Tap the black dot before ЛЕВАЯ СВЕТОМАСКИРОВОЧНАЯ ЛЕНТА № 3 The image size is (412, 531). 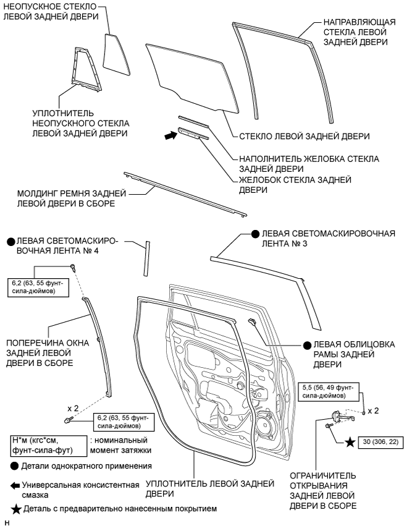(254, 234)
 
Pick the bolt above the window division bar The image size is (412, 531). (74, 268)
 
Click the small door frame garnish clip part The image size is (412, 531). (253, 321)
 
